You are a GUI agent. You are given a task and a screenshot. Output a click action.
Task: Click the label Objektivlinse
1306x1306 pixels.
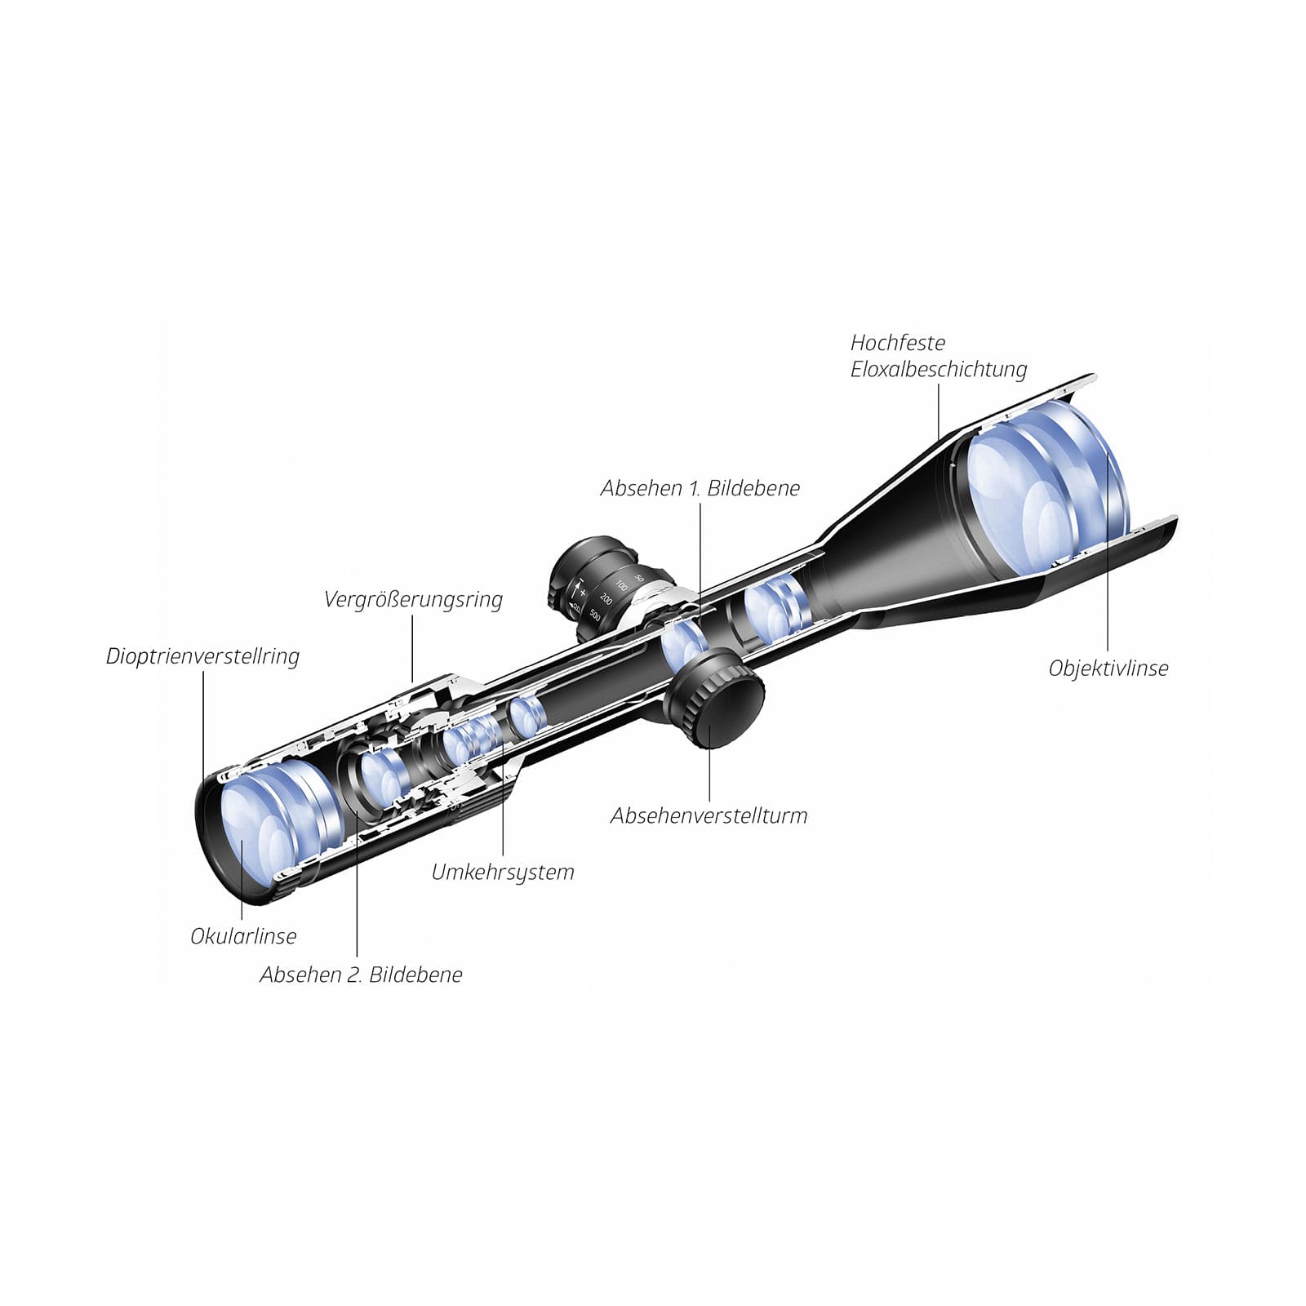point(1108,668)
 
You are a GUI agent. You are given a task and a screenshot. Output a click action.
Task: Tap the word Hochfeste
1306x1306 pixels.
point(897,343)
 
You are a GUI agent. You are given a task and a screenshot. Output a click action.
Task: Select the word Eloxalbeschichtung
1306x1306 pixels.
point(938,369)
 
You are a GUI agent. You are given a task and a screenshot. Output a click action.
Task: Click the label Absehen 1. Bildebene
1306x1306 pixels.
point(700,488)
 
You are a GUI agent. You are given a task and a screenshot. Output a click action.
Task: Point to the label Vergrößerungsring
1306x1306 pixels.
point(412,599)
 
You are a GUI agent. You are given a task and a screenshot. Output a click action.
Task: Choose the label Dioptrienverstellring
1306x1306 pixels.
point(202,656)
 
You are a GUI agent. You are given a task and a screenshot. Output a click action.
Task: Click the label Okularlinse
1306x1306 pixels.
point(242,935)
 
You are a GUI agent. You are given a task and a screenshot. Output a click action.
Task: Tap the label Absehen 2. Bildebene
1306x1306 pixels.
point(360,974)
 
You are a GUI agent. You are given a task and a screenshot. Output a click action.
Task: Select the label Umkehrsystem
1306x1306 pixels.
point(502,872)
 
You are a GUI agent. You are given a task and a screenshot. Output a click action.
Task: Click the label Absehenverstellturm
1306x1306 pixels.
point(709,815)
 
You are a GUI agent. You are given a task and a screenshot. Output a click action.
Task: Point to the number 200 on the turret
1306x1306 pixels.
point(606,598)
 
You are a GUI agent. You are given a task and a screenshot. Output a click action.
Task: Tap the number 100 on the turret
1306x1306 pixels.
point(622,585)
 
